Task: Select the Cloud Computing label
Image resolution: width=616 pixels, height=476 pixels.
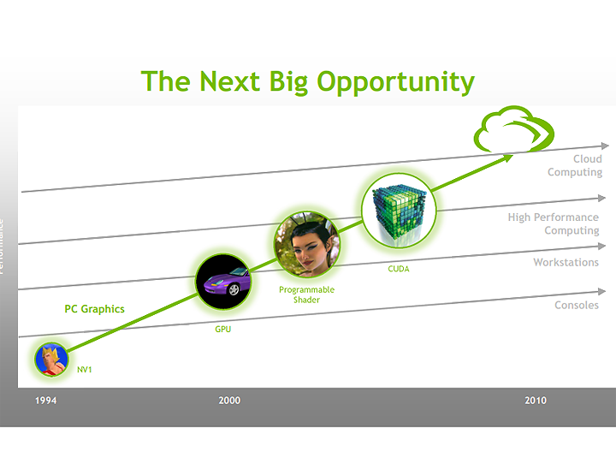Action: click(575, 165)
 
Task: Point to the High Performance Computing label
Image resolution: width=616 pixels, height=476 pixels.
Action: click(553, 223)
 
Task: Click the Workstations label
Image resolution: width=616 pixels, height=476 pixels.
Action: click(566, 262)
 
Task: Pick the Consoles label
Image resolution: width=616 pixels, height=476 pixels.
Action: click(577, 305)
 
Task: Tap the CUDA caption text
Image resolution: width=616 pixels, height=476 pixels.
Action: click(399, 268)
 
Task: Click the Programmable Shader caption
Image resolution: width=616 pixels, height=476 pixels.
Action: click(306, 295)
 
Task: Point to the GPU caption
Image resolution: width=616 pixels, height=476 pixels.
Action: click(223, 329)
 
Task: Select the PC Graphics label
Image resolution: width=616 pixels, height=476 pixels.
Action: click(94, 309)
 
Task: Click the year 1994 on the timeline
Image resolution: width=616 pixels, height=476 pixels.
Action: click(47, 401)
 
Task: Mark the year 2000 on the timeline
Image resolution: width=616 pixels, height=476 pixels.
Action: click(229, 401)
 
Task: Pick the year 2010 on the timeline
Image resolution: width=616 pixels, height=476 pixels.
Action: click(535, 401)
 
